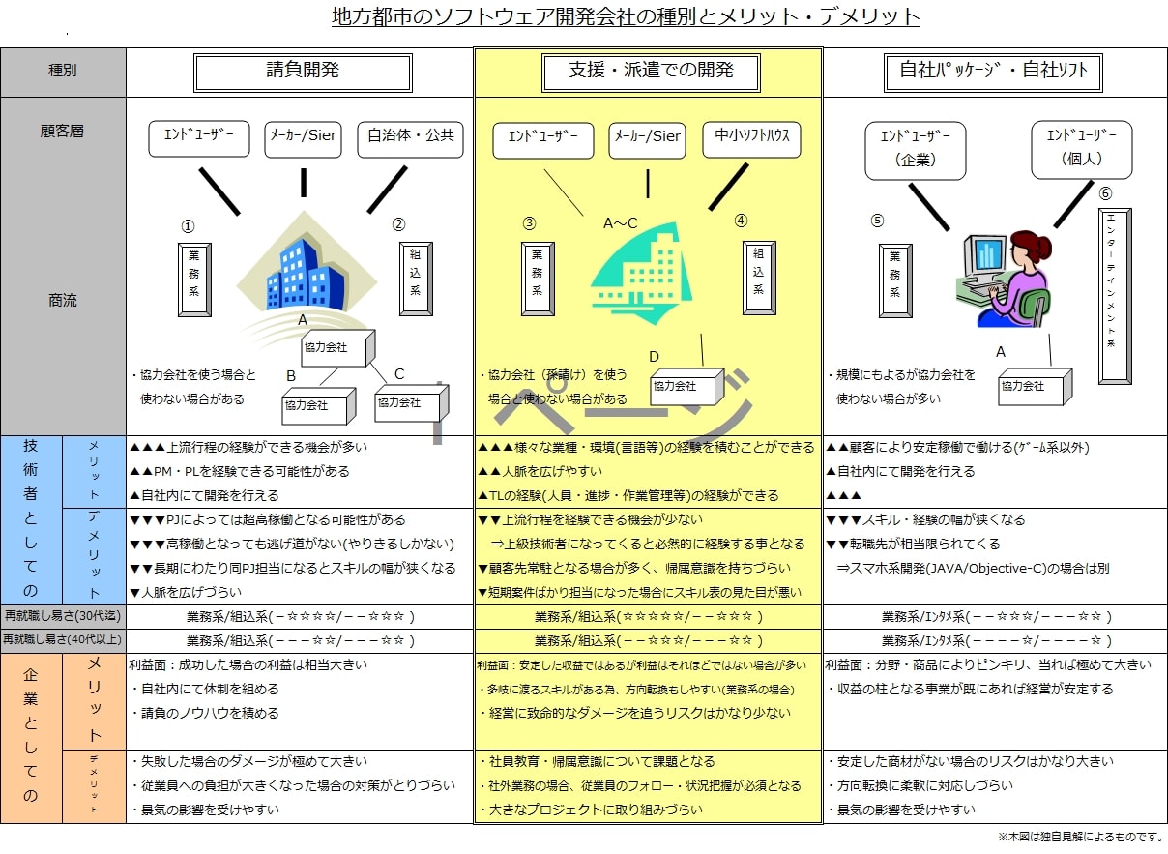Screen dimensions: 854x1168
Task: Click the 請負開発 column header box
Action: pos(303,72)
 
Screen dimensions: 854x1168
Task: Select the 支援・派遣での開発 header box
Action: pos(651,72)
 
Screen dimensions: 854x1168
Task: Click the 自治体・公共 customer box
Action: pos(410,137)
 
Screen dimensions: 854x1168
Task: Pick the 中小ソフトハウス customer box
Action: pos(746,137)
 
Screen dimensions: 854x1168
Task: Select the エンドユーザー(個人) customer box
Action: pos(1081,148)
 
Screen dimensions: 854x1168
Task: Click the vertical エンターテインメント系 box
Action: pos(1115,295)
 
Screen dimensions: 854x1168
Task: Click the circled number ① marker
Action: pos(189,227)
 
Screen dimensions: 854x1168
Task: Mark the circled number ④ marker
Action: pos(741,221)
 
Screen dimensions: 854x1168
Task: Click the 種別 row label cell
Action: pos(63,72)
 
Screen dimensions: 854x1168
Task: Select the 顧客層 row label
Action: pos(63,132)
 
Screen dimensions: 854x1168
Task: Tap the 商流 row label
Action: pos(63,301)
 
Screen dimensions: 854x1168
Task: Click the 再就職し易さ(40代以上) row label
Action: pos(63,640)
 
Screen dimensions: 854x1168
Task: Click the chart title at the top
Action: pos(626,17)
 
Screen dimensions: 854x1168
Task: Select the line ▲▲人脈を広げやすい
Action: pos(540,472)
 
